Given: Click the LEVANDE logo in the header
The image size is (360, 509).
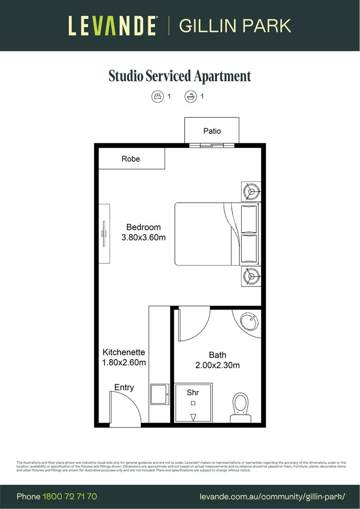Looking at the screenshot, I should click(113, 25).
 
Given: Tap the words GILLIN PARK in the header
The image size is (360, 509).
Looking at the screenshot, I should click(235, 25).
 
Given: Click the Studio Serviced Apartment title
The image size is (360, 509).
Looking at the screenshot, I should click(180, 76).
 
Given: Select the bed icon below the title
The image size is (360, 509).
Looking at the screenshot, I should click(157, 97).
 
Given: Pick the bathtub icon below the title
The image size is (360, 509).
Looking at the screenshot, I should click(190, 97).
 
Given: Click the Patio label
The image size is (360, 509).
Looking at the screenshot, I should click(212, 131).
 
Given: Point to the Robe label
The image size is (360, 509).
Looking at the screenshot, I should click(131, 159).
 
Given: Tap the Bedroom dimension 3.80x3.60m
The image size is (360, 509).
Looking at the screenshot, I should click(143, 238).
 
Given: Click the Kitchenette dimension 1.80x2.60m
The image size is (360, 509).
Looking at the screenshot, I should click(124, 362).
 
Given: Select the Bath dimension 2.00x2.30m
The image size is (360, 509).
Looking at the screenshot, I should click(217, 365).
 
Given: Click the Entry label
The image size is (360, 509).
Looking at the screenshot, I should click(124, 387).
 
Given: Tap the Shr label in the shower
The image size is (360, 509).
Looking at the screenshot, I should click(192, 392).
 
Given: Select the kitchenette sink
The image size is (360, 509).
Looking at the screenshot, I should click(159, 394).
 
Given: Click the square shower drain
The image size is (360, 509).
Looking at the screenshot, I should click(193, 403).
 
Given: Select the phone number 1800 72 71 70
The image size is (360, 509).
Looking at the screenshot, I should click(70, 496).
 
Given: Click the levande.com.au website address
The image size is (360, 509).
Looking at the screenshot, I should click(272, 496).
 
